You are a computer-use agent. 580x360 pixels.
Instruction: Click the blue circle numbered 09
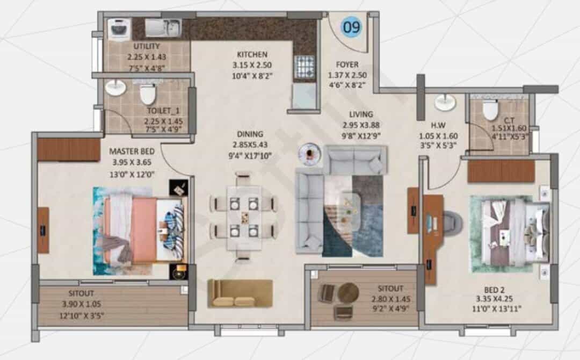(351, 27)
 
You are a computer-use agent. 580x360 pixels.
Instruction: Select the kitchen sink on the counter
(163, 28)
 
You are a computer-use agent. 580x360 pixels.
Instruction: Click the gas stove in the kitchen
(305, 67)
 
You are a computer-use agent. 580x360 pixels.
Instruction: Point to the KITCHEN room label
(252, 54)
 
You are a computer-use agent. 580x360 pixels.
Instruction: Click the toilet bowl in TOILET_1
(147, 94)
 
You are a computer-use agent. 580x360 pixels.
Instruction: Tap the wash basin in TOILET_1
(115, 89)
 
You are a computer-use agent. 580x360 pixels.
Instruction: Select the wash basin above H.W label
(445, 103)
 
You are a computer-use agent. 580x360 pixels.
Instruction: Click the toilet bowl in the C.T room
(490, 110)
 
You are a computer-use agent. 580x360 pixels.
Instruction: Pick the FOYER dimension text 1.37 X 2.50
(347, 75)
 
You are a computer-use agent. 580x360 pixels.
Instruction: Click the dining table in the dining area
(244, 218)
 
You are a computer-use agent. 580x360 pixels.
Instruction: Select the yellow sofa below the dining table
(240, 293)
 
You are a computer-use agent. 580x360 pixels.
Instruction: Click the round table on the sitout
(348, 293)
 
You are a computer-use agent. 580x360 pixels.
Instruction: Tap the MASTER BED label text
(132, 152)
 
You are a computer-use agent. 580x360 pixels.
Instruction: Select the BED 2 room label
(494, 290)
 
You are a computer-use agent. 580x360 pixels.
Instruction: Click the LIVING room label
(361, 114)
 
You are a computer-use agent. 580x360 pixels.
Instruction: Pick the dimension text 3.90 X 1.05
(82, 304)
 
